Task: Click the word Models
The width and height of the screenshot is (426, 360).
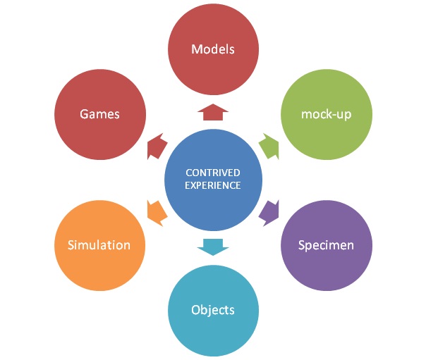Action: pyautogui.click(x=213, y=49)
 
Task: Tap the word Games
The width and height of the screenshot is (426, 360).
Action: pyautogui.click(x=99, y=113)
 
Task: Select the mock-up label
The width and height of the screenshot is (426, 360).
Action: pyautogui.click(x=326, y=113)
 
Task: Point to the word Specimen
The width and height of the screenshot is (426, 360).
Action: pyautogui.click(x=325, y=245)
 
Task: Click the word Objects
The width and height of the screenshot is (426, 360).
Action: pyautogui.click(x=213, y=309)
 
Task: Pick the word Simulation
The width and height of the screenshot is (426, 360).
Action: pyautogui.click(x=99, y=245)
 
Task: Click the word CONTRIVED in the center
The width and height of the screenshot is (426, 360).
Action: pyautogui.click(x=213, y=172)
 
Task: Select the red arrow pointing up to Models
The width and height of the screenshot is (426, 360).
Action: pyautogui.click(x=212, y=112)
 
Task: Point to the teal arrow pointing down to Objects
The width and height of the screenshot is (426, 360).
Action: pyautogui.click(x=212, y=246)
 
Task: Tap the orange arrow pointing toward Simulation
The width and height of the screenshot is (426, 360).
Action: pyautogui.click(x=157, y=211)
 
